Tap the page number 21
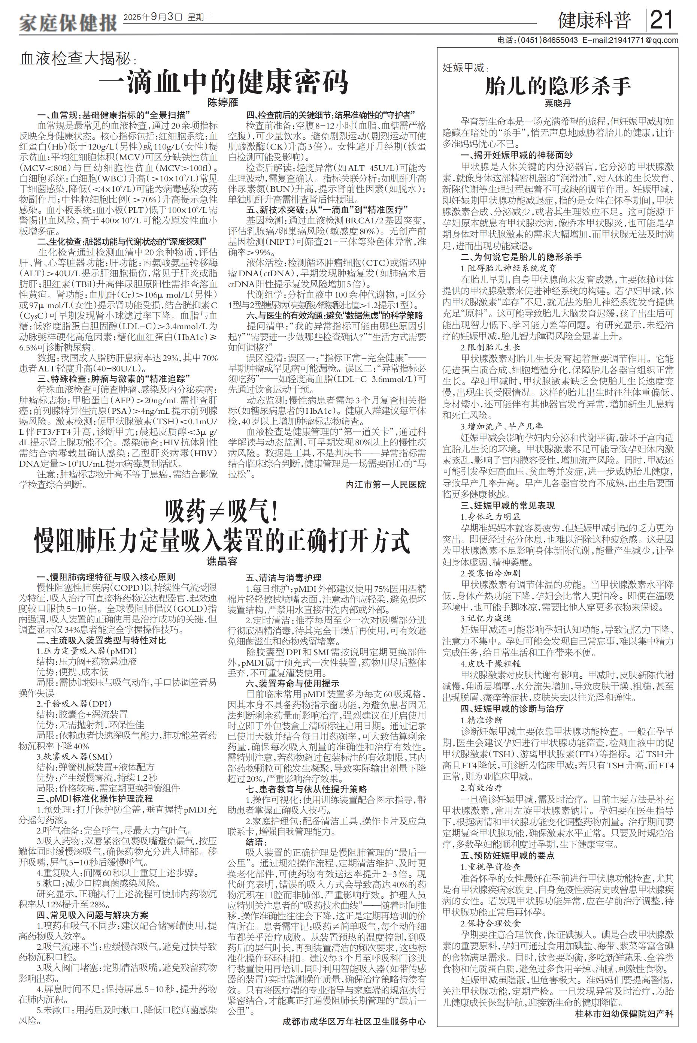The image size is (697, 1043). click(x=662, y=20)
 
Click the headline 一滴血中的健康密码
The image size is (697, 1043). click(x=223, y=81)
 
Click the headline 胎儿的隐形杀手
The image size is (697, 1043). click(x=558, y=86)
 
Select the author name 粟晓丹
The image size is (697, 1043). click(x=558, y=104)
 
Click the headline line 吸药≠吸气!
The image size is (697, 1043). click(x=222, y=513)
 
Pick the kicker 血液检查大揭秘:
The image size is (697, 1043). click(x=78, y=59)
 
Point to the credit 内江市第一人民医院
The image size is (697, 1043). click(x=386, y=484)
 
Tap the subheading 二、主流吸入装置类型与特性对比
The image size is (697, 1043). click(x=102, y=641)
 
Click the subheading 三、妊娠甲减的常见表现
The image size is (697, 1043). click(x=507, y=506)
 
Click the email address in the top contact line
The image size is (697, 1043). click(x=631, y=40)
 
